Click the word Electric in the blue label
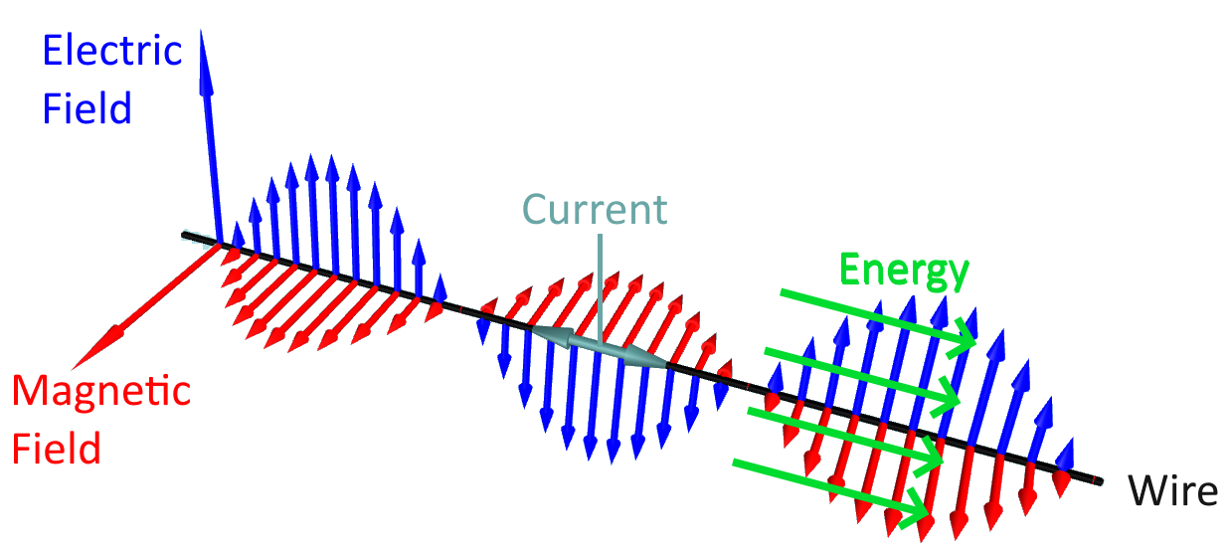coord(113,51)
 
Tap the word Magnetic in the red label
coord(101,392)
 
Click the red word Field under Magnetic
coord(57,449)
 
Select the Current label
coord(595,210)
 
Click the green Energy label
coord(904,269)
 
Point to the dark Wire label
coord(1172,491)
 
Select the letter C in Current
coord(537,210)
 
